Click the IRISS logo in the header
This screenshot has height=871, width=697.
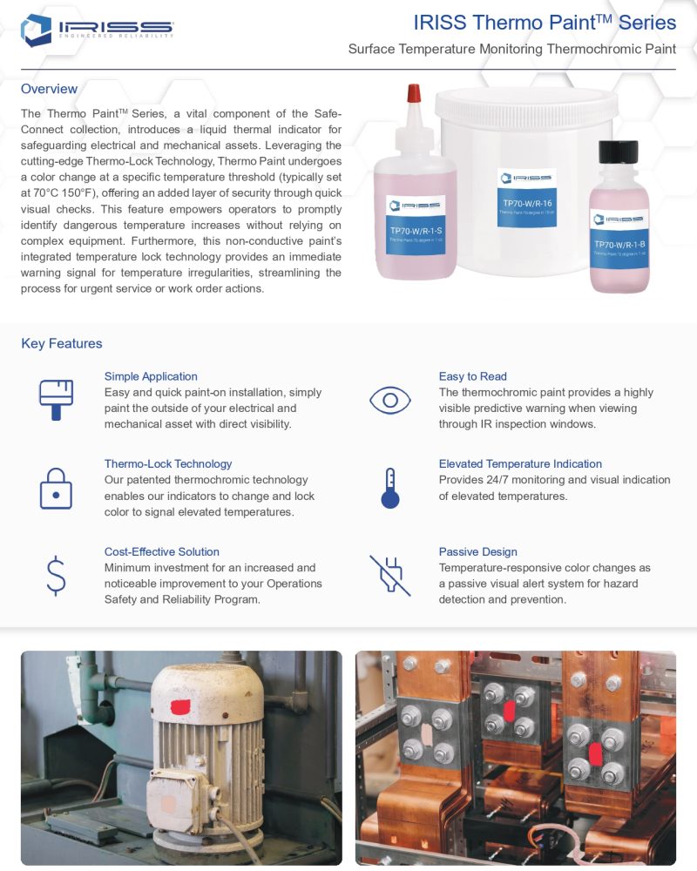(97, 30)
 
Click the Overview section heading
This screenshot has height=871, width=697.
(49, 89)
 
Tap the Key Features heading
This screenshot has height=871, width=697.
(61, 343)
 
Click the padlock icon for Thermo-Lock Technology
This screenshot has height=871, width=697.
(56, 488)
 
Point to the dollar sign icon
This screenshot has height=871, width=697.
(56, 576)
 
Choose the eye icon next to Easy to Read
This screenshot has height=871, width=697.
(389, 400)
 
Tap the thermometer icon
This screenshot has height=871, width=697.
(389, 488)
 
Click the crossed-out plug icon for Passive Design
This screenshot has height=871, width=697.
(389, 575)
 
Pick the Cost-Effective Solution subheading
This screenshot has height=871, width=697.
(161, 551)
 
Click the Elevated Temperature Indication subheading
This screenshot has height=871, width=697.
(520, 463)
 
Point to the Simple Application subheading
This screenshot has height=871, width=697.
(151, 376)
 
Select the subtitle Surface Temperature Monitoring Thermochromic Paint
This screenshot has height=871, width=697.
(511, 49)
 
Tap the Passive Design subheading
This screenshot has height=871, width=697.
(477, 551)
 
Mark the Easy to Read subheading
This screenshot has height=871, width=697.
(472, 376)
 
